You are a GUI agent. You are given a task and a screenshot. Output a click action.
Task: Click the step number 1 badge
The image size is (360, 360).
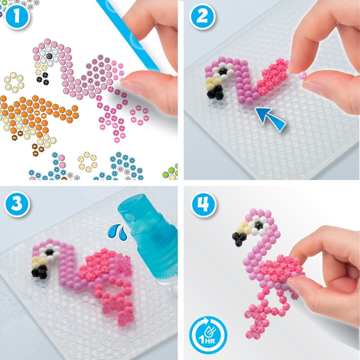pos(17,17)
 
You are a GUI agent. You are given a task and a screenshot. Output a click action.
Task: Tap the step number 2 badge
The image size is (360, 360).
pos(202,16)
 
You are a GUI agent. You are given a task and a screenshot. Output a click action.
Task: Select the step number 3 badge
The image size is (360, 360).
pos(17,204)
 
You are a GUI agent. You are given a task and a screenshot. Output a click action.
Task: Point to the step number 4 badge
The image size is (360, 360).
pos(203,204)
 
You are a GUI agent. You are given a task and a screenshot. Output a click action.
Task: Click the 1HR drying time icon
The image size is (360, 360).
pos(208,335)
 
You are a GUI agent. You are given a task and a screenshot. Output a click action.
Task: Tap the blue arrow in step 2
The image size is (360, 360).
pos(271,119)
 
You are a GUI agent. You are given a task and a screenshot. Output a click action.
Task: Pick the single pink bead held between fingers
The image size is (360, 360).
pos(302,76)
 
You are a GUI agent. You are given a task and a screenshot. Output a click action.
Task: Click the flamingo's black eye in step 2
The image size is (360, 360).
pos(222,72)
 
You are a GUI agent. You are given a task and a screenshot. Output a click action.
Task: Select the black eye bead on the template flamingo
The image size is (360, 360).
pos(49,56)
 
